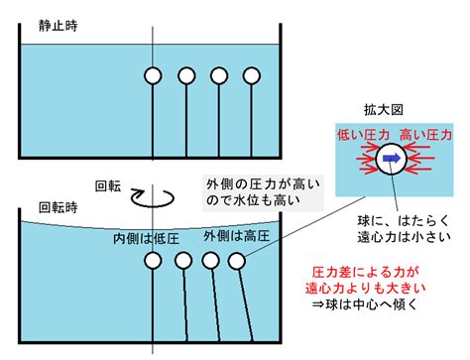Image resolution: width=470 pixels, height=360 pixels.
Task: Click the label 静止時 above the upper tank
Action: [x=58, y=26]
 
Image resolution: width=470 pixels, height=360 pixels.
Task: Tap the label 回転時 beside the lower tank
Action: [x=59, y=207]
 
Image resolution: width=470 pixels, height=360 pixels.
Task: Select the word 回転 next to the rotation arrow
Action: [x=108, y=186]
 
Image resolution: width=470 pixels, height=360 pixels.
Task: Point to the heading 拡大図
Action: [x=384, y=110]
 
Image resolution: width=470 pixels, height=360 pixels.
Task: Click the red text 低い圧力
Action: [x=363, y=135]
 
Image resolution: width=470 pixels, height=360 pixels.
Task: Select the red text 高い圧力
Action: [x=425, y=135]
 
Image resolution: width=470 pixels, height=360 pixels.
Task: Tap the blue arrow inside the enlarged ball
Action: [x=392, y=159]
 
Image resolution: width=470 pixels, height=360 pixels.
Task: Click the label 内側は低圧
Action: [x=146, y=239]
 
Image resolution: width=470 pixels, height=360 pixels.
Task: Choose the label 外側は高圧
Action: [x=237, y=236]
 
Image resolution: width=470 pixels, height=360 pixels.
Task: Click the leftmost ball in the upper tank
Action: [x=153, y=75]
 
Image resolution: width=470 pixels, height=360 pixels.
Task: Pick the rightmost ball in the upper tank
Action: [x=252, y=75]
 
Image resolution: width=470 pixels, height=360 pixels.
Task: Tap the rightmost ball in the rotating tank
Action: [x=237, y=261]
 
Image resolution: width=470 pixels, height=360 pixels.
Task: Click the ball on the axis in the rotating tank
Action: [x=153, y=260]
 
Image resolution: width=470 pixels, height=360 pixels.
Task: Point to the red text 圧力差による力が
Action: [x=366, y=273]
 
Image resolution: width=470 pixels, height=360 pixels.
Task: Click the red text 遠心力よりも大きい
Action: [x=366, y=289]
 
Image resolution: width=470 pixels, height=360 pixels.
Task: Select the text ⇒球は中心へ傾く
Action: [x=366, y=304]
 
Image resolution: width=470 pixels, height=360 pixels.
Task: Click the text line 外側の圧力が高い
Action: [x=264, y=184]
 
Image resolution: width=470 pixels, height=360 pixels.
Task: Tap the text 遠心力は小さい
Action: [x=405, y=237]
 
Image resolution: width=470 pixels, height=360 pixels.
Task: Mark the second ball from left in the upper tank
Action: [x=186, y=75]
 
